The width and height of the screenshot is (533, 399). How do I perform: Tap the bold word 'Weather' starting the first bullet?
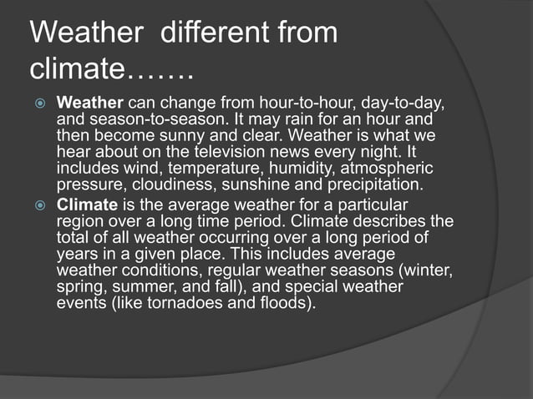coord(89,104)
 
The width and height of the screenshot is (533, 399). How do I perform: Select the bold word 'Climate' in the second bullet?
coord(87,205)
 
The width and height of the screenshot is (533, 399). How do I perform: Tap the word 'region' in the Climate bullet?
coord(80,222)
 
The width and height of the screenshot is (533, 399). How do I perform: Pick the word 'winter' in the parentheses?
coord(426,270)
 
